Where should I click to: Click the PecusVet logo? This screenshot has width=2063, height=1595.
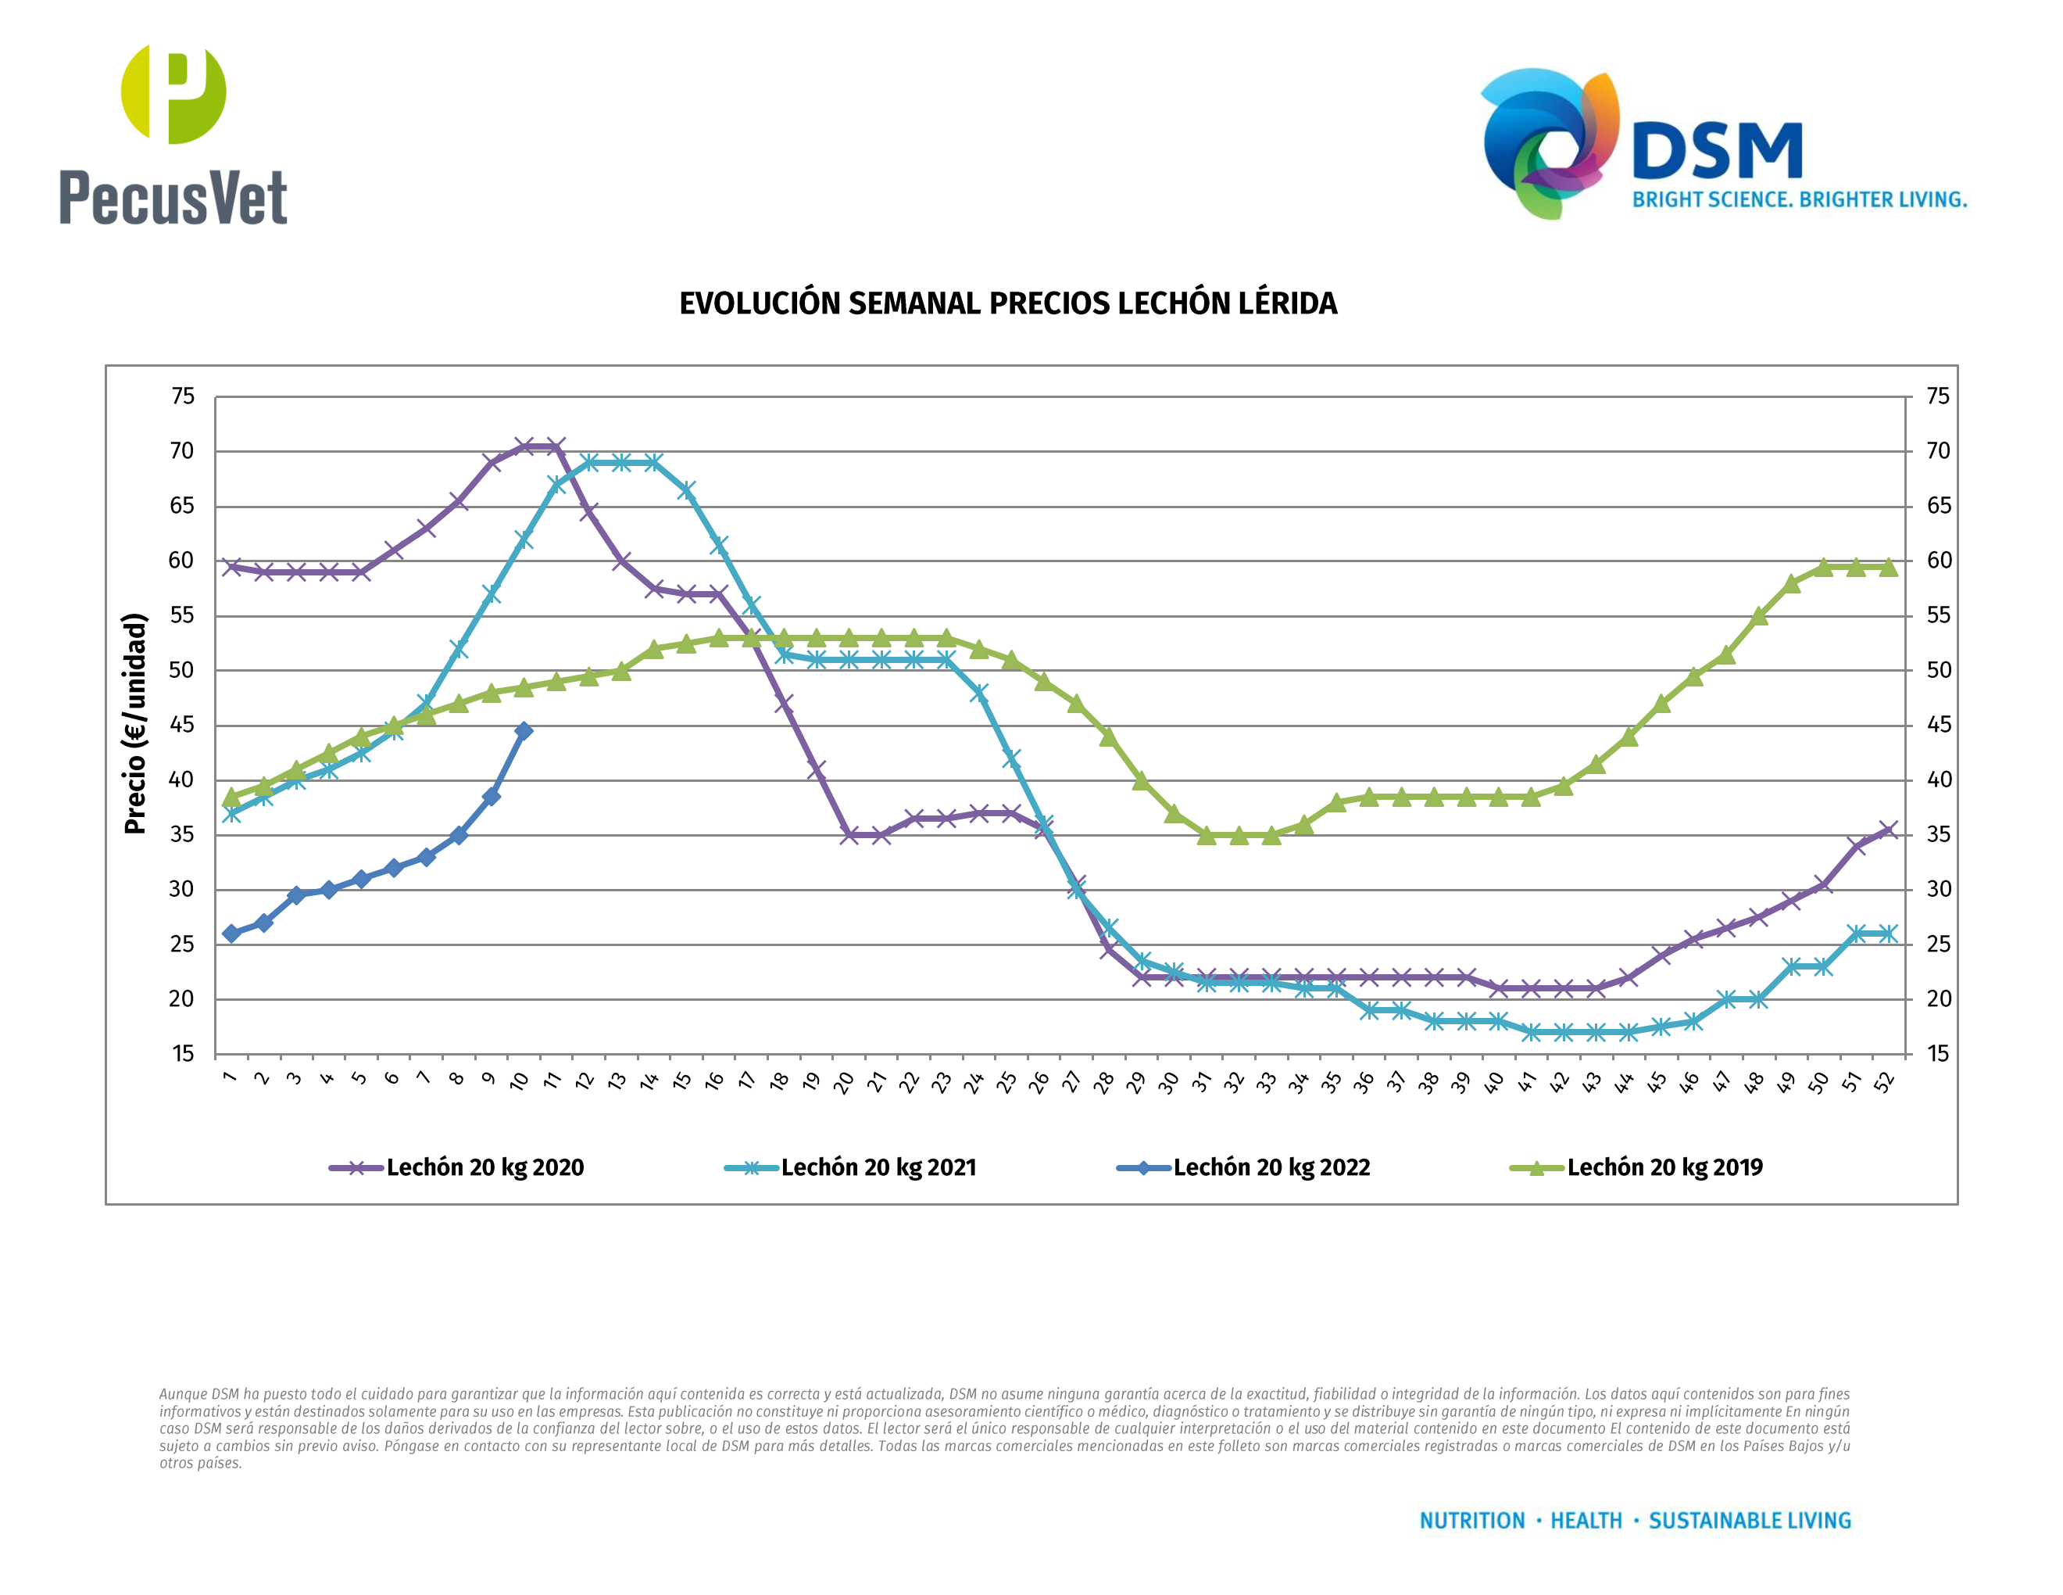pos(173,134)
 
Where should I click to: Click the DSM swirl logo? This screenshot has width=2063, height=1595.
pos(1549,142)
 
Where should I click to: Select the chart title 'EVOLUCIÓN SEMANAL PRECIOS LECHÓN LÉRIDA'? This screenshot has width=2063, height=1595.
pos(1008,303)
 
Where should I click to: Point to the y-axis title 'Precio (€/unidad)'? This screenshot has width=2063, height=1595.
pos(135,723)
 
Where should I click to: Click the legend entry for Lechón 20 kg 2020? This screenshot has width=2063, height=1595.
pos(457,1168)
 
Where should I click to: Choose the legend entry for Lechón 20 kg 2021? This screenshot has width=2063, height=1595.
pos(851,1168)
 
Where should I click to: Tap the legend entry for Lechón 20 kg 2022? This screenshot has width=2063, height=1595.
pos(1244,1168)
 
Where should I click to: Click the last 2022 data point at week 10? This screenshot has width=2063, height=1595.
pos(524,730)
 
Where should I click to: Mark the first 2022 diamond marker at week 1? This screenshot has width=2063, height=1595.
pos(231,934)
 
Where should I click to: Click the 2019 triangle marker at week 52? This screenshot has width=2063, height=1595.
pos(1888,567)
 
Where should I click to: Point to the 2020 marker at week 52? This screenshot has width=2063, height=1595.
pos(1888,830)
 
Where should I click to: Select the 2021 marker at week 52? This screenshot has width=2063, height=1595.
pos(1888,934)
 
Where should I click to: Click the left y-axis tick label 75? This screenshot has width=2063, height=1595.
pos(182,397)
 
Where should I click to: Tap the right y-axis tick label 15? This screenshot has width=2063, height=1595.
pos(1938,1054)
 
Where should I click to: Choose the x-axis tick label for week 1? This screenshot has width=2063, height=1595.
pos(230,1077)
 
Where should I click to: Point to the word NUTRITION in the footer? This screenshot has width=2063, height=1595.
pos(1471,1521)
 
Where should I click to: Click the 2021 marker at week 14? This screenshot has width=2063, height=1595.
pos(653,463)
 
